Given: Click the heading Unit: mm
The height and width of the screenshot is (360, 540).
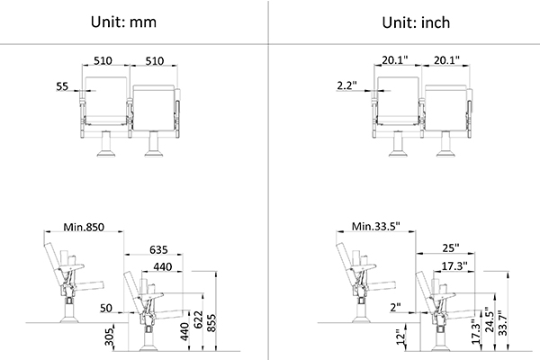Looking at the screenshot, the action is coord(123,22).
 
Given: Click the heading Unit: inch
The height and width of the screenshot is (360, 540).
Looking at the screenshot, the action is coord(416,22).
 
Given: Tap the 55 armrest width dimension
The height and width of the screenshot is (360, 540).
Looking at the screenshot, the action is coord(62,86).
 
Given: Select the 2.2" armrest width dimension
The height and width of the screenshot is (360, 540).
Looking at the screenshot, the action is coord(346,85).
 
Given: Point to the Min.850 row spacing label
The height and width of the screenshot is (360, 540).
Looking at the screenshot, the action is coord(84,227).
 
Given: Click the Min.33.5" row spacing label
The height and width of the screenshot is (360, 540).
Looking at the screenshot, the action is coord(375,226).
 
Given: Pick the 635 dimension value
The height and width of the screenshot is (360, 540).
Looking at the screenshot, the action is coord(158,249).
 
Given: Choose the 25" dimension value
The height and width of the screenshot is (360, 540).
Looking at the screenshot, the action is coord(451,247).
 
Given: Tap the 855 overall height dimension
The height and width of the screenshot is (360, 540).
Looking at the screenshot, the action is coord(211,323).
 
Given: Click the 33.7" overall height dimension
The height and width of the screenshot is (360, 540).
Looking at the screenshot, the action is coord(503,323).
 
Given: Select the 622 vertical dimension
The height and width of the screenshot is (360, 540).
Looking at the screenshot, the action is coord(197,319).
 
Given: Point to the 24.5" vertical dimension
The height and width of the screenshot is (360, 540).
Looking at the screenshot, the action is coord(490,319).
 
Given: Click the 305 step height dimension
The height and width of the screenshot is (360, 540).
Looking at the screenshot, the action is coord(109,337).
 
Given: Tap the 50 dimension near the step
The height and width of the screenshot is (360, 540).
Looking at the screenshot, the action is coord(106,308).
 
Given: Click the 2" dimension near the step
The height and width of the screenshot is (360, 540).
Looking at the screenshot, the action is coord(396,307).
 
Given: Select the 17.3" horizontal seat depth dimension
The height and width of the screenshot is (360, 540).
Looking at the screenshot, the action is coord(454,265).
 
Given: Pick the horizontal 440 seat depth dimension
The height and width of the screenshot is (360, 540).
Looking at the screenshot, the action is coord(163,266).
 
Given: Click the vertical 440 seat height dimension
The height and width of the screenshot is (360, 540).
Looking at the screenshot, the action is coord(184,331).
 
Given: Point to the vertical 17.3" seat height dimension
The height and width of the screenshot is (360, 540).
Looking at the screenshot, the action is coord(475,332).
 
